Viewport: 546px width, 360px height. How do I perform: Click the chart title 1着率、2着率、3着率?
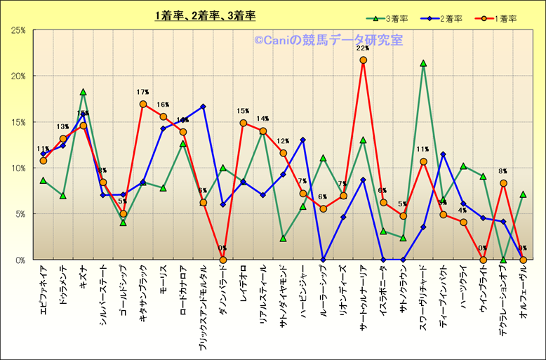(206, 15)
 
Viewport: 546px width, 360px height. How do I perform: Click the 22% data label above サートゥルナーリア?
(363, 48)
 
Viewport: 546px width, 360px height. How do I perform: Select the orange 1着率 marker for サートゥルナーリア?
(363, 60)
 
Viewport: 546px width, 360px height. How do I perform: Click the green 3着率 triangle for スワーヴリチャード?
(423, 63)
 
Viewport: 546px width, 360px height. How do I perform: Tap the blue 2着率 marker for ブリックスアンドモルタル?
(203, 107)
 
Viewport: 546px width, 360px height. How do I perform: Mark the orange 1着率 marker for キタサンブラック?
(143, 104)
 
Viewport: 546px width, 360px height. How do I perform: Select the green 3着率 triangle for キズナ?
(83, 92)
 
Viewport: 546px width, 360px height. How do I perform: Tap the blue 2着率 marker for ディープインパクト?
(443, 154)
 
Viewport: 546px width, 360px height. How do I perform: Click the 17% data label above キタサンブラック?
(142, 92)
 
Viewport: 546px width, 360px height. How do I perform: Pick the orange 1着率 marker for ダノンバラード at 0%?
(223, 260)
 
